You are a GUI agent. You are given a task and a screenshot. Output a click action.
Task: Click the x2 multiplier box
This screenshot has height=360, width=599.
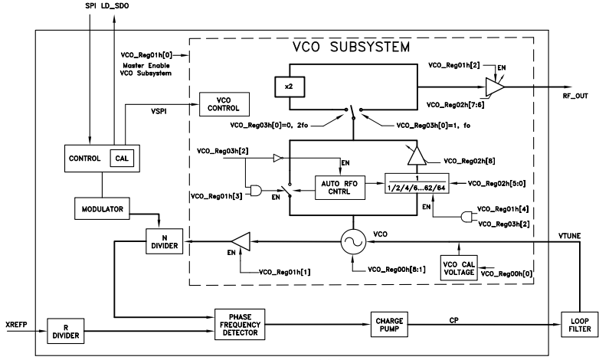tap(288, 87)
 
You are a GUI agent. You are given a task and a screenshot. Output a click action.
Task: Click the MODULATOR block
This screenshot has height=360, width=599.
tap(103, 208)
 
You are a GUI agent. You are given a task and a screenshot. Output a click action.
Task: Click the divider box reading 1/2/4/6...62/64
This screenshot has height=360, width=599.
tap(418, 185)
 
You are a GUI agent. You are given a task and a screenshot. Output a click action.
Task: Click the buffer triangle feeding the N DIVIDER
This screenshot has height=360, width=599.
tap(241, 241)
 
